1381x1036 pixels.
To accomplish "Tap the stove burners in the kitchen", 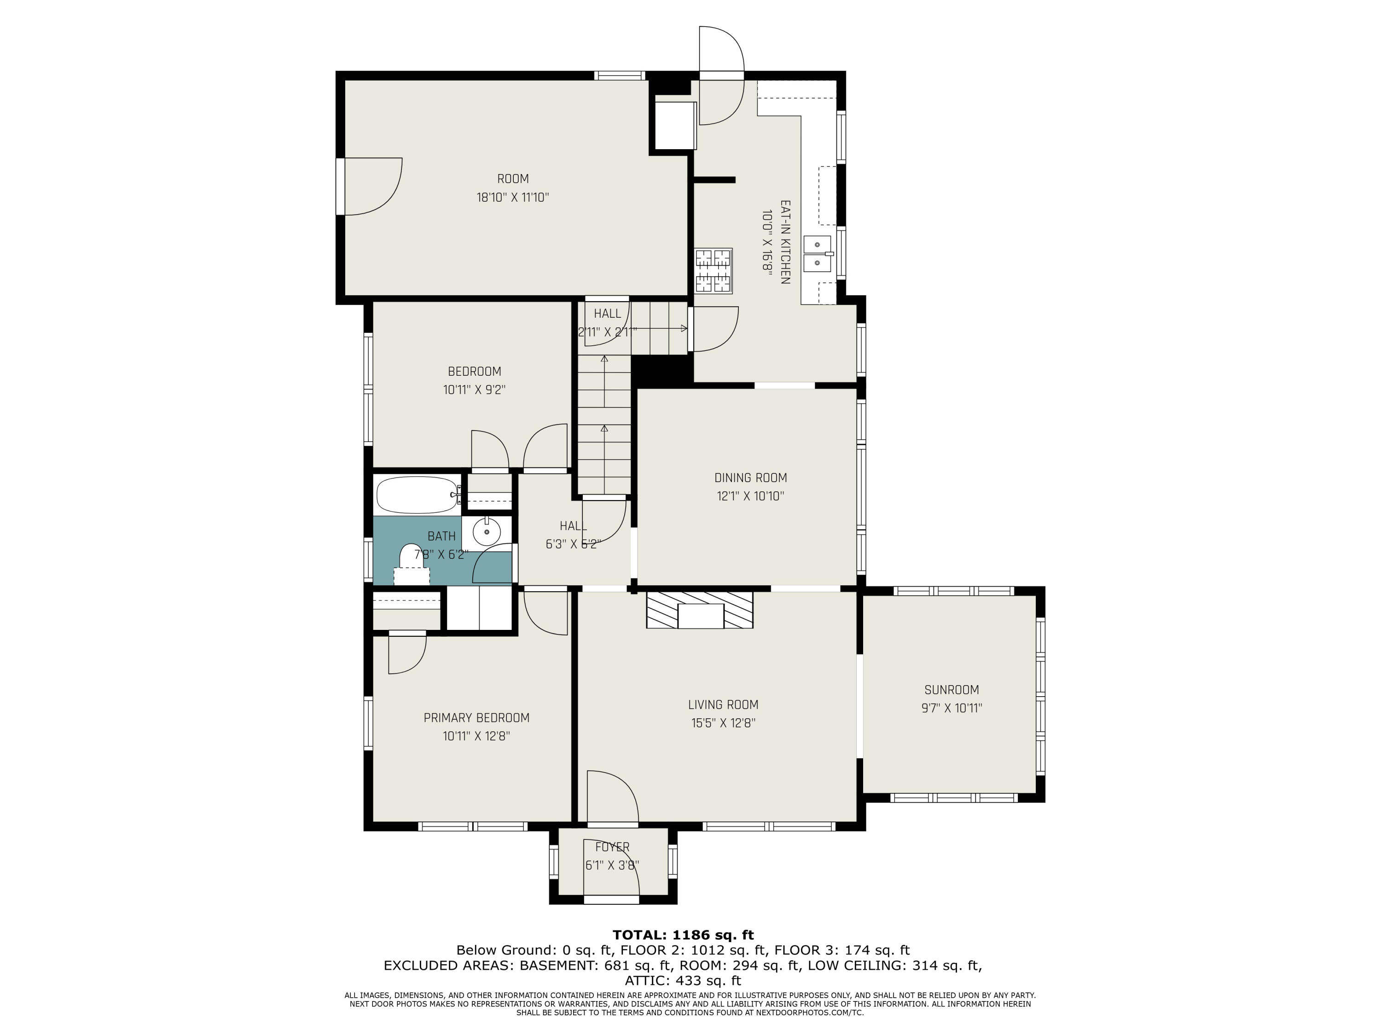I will [x=713, y=271].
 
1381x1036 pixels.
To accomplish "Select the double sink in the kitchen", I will [x=817, y=254].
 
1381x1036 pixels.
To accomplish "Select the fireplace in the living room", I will [x=699, y=610].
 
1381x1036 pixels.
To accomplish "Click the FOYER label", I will [x=612, y=847].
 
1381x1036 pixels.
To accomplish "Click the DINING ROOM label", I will [x=750, y=478].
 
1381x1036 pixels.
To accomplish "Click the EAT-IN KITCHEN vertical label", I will [x=785, y=242].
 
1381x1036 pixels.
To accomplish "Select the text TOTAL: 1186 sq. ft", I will [x=683, y=935].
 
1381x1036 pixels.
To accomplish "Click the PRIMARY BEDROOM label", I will [x=476, y=717].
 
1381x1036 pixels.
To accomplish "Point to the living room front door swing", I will [x=612, y=797].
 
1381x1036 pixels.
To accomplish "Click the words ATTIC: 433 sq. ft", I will [x=683, y=980].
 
